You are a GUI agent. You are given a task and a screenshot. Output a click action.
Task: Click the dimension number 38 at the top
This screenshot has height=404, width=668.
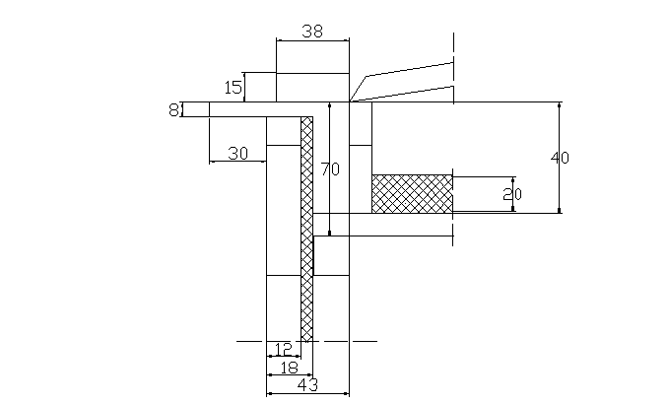pos(311,31)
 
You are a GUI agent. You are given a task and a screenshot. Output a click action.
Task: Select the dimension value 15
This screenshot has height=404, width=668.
pos(234,88)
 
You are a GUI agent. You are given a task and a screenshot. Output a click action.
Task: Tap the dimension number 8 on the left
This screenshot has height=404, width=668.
pos(173,109)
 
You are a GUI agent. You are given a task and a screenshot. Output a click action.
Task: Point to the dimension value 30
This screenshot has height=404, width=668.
pos(237,153)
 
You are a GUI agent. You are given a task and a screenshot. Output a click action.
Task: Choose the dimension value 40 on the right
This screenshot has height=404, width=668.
pos(561,158)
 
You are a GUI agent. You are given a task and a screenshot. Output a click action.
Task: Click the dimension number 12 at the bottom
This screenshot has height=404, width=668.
pos(283,349)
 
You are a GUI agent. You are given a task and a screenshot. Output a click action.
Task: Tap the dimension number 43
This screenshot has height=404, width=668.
pos(307,385)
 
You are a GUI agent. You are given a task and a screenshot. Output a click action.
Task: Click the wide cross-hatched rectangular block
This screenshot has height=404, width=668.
pos(412,193)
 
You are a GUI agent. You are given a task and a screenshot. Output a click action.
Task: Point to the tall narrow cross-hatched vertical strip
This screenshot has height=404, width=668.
pos(306,227)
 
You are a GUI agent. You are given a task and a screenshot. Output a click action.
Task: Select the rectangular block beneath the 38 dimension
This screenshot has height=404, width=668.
pos(311,87)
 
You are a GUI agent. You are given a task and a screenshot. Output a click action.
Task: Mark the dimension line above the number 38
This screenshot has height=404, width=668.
pos(311,40)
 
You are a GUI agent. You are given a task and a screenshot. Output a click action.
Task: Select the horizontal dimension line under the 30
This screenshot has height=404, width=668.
pos(237,162)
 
